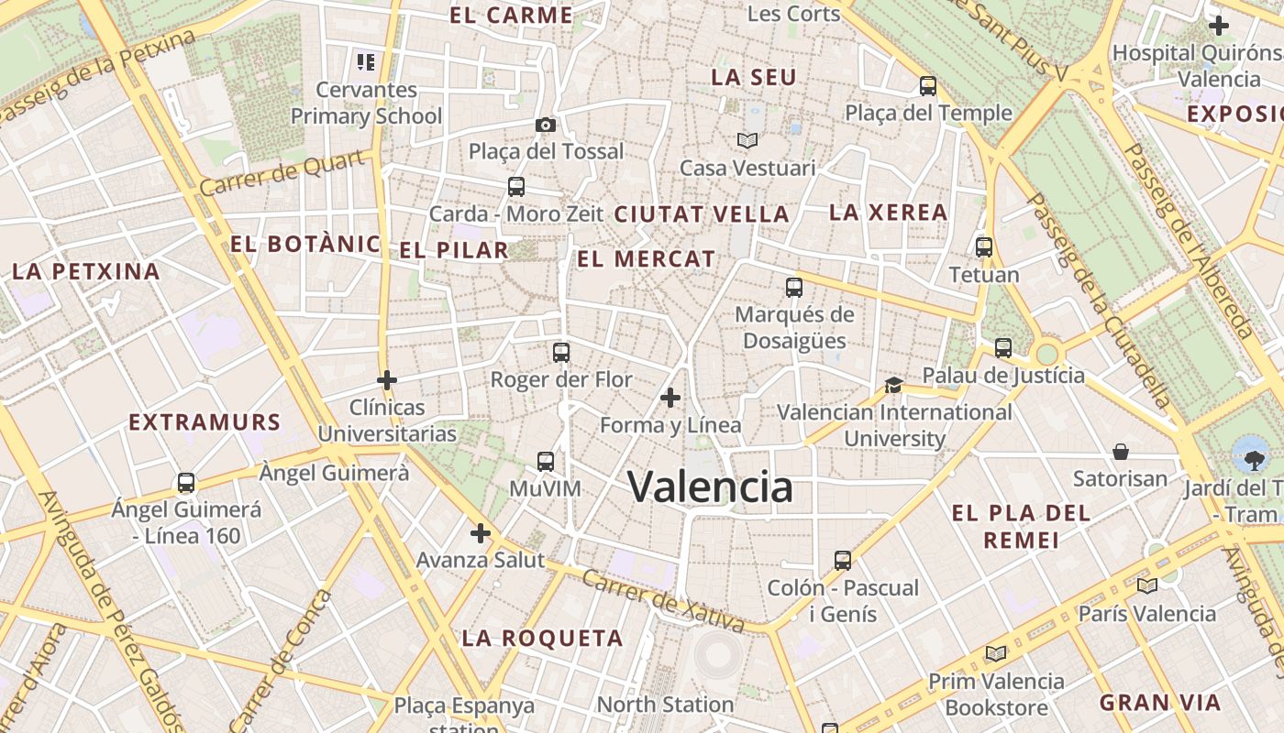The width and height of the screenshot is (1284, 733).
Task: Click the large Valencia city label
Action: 710,487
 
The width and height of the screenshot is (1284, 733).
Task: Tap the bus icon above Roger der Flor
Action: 560,353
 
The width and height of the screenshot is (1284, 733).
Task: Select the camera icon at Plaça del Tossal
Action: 546,125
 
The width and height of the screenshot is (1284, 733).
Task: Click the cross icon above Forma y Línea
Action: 670,398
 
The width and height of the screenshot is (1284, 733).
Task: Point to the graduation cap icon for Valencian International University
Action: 893,385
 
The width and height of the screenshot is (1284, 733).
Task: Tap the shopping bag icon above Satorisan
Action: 1120,452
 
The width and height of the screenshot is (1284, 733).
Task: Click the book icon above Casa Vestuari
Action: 747,140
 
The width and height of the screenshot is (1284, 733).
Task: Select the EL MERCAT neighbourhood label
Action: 646,259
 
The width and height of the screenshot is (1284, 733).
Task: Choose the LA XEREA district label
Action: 888,213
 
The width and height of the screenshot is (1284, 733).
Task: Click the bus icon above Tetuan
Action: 984,247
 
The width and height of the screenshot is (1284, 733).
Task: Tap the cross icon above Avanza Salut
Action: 481,533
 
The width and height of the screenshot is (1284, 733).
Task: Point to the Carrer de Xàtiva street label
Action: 662,602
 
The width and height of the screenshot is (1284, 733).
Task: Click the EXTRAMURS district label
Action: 205,422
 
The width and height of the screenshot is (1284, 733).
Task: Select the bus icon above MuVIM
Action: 546,462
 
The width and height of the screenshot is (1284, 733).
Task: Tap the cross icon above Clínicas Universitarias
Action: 387,379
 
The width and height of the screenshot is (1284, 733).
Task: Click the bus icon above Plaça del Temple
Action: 928,87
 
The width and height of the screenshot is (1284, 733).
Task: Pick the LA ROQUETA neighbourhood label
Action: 542,639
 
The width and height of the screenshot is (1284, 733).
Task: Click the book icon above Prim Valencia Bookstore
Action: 995,654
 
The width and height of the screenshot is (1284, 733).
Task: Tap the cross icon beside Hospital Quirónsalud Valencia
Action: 1218,26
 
